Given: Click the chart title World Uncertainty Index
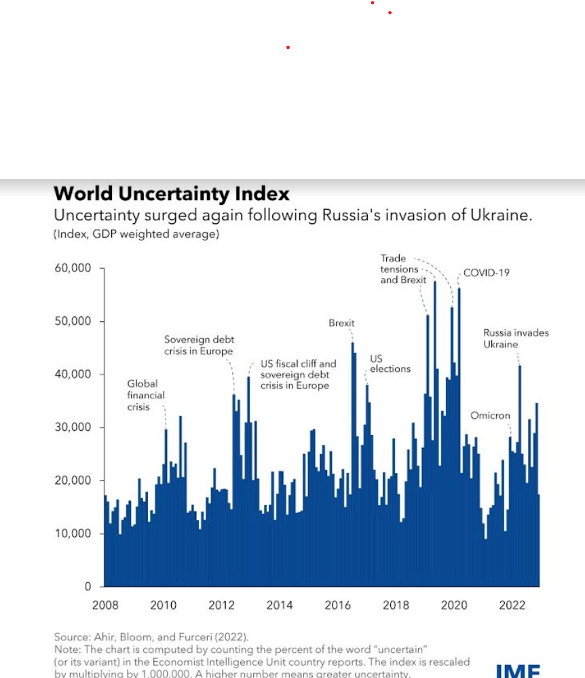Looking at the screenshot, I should (x=171, y=194).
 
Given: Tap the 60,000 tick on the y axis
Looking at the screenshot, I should (x=72, y=268).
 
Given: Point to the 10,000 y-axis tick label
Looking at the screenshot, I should (x=72, y=533).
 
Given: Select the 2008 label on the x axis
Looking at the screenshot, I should (x=105, y=605).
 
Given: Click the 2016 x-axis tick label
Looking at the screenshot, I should (x=337, y=605).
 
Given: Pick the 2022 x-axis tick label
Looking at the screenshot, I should (x=512, y=605).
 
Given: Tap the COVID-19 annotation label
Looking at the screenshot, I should (x=486, y=273).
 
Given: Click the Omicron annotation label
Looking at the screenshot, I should (x=490, y=415).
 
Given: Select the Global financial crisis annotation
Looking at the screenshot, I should (x=146, y=395).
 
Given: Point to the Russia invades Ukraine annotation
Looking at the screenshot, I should (x=516, y=338).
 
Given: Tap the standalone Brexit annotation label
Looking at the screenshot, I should (x=341, y=323).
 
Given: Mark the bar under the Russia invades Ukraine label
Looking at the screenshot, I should (x=520, y=475).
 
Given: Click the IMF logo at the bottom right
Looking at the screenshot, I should (x=518, y=671).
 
